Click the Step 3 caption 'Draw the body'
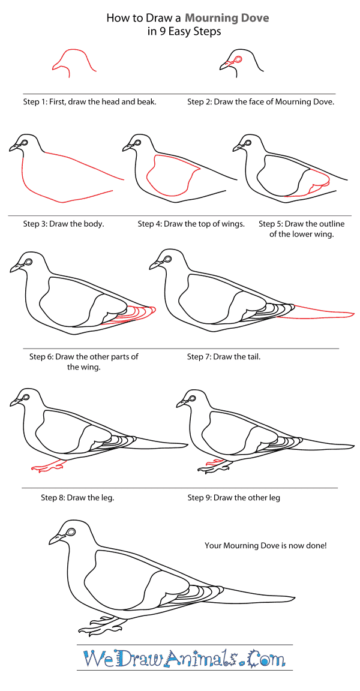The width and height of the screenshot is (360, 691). tap(64, 224)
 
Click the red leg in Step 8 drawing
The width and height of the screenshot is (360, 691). tap(47, 465)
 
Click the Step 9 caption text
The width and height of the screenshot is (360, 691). tap(233, 497)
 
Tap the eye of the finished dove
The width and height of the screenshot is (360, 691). tap(72, 532)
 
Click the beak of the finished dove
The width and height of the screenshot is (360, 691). tap(53, 539)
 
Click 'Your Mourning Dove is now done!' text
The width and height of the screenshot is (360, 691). tap(265, 545)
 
